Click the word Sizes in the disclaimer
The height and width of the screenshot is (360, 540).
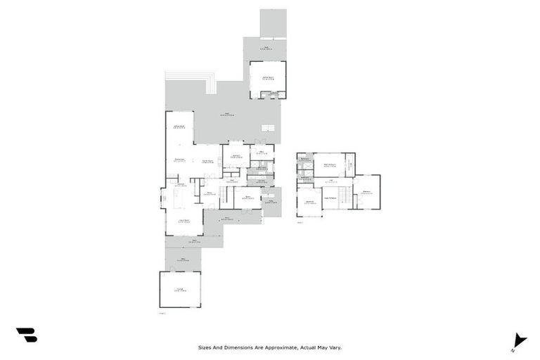click(x=205, y=347)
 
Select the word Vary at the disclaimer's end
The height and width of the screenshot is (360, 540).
click(x=334, y=347)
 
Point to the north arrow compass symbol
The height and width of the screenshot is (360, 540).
click(x=519, y=340)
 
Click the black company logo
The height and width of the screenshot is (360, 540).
click(x=26, y=335)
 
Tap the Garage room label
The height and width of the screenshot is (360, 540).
click(x=180, y=289)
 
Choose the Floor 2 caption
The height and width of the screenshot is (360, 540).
click(x=300, y=223)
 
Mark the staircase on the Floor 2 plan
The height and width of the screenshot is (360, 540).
click(x=345, y=193)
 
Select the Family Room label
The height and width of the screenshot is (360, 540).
click(x=208, y=162)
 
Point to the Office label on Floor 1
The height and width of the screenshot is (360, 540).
click(x=260, y=152)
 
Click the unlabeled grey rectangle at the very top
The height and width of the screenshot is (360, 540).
click(x=273, y=22)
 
